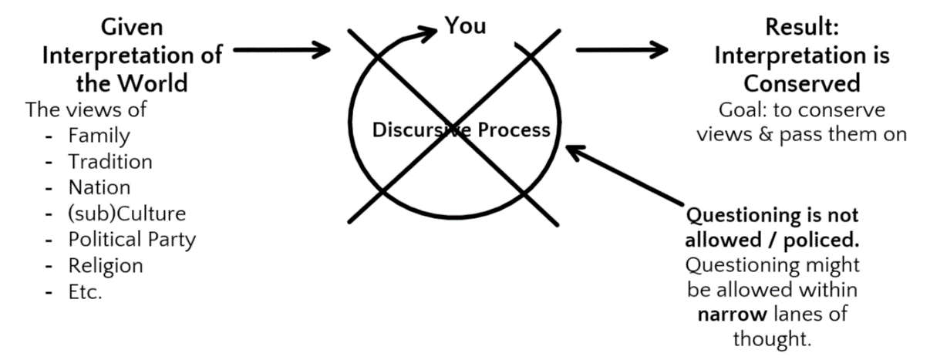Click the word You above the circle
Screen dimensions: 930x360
click(x=465, y=25)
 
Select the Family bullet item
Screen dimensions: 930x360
click(x=99, y=136)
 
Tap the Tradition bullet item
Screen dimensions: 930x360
click(x=110, y=162)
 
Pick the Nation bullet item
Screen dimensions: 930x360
click(x=99, y=187)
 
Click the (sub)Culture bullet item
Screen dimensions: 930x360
click(x=126, y=214)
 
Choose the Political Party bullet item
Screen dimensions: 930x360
click(x=132, y=240)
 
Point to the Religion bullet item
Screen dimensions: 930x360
click(x=106, y=266)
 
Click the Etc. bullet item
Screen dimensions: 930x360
click(x=85, y=292)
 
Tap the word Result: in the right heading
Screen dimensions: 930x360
click(x=802, y=27)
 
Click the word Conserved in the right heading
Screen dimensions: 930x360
click(x=802, y=83)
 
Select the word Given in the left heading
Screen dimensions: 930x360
click(x=132, y=28)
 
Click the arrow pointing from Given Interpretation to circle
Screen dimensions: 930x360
click(x=282, y=50)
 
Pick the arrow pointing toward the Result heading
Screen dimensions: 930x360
click(x=622, y=50)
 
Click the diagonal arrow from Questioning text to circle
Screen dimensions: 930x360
click(x=625, y=175)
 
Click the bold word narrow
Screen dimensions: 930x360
click(x=733, y=314)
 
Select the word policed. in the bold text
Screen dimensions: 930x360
click(x=821, y=241)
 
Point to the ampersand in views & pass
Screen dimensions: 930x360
click(x=766, y=135)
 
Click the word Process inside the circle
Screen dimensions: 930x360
click(x=514, y=130)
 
